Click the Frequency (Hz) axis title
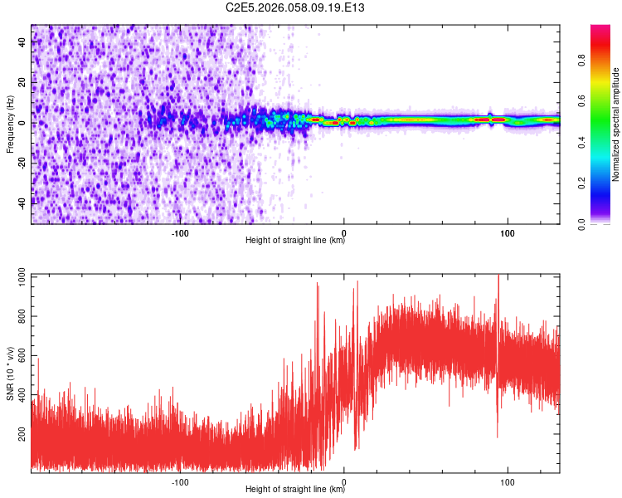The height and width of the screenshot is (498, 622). [10, 124]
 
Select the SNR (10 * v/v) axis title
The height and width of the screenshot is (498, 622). [10, 373]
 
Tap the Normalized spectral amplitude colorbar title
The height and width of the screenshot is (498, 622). [616, 124]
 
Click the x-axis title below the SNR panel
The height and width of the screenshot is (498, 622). [295, 490]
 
